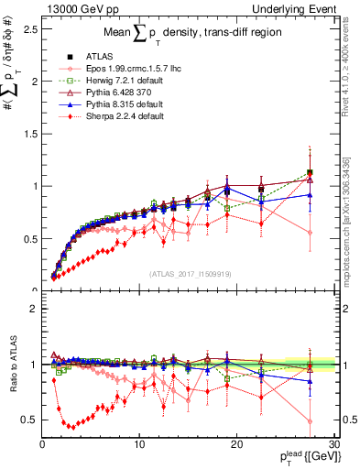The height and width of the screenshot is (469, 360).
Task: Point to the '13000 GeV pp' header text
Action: click(74, 8)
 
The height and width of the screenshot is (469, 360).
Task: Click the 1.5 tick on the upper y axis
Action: click(30, 134)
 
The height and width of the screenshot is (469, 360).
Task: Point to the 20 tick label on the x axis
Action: click(235, 444)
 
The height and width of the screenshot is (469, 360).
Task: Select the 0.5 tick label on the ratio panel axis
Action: click(30, 420)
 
